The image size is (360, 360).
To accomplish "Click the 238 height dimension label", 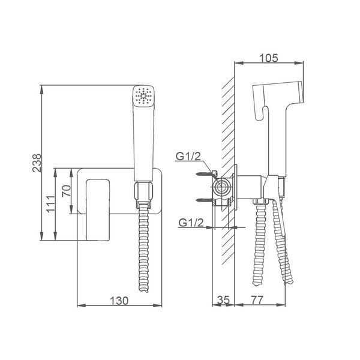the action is click(37, 163).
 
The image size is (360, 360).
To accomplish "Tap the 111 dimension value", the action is click(50, 204).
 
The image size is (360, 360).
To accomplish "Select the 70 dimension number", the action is click(67, 191).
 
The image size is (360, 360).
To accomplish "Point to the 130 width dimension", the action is click(119, 301).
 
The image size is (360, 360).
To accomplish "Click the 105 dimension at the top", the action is click(268, 58).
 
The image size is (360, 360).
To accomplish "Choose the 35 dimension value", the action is click(223, 299).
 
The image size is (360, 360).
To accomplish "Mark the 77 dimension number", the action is click(257, 299).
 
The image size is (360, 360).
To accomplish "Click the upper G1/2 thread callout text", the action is click(188, 157).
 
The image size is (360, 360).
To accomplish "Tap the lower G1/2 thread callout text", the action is click(191, 223).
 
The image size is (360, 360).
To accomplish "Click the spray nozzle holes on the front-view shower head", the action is click(144, 95).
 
